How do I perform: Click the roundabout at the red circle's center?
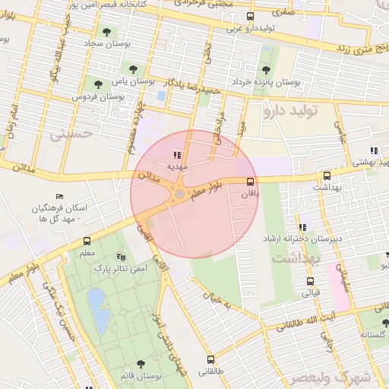[x=179, y=195]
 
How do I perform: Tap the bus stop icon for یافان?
[x=251, y=181]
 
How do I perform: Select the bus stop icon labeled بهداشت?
[x=327, y=175]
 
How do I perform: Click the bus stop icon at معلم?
[x=87, y=241]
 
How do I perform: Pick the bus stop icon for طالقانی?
[x=210, y=359]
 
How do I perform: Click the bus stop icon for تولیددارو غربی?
[x=251, y=16]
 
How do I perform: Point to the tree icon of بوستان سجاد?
[x=106, y=32]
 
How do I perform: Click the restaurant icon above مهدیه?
[x=177, y=155]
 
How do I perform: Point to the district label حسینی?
[x=71, y=134]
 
